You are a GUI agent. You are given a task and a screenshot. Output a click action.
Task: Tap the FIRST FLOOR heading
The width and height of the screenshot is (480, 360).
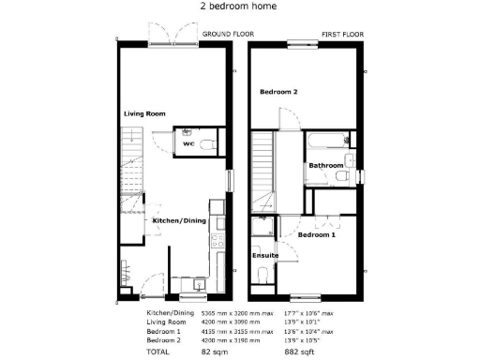(342, 34)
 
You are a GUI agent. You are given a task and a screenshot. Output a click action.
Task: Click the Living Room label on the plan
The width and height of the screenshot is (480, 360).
(144, 113)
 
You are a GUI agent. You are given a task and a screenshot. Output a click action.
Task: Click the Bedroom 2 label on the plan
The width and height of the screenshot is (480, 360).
(278, 92)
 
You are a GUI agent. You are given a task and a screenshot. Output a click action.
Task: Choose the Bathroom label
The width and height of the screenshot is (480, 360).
(325, 166)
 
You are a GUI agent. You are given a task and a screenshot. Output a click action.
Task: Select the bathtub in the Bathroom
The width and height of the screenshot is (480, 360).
(323, 142)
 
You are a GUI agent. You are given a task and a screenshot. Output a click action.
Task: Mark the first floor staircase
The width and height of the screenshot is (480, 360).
(262, 167)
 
